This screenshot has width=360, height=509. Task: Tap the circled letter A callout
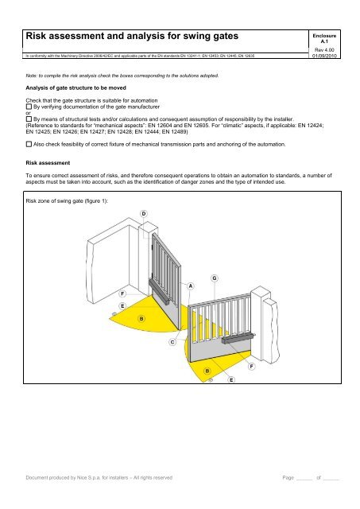[x=191, y=285]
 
